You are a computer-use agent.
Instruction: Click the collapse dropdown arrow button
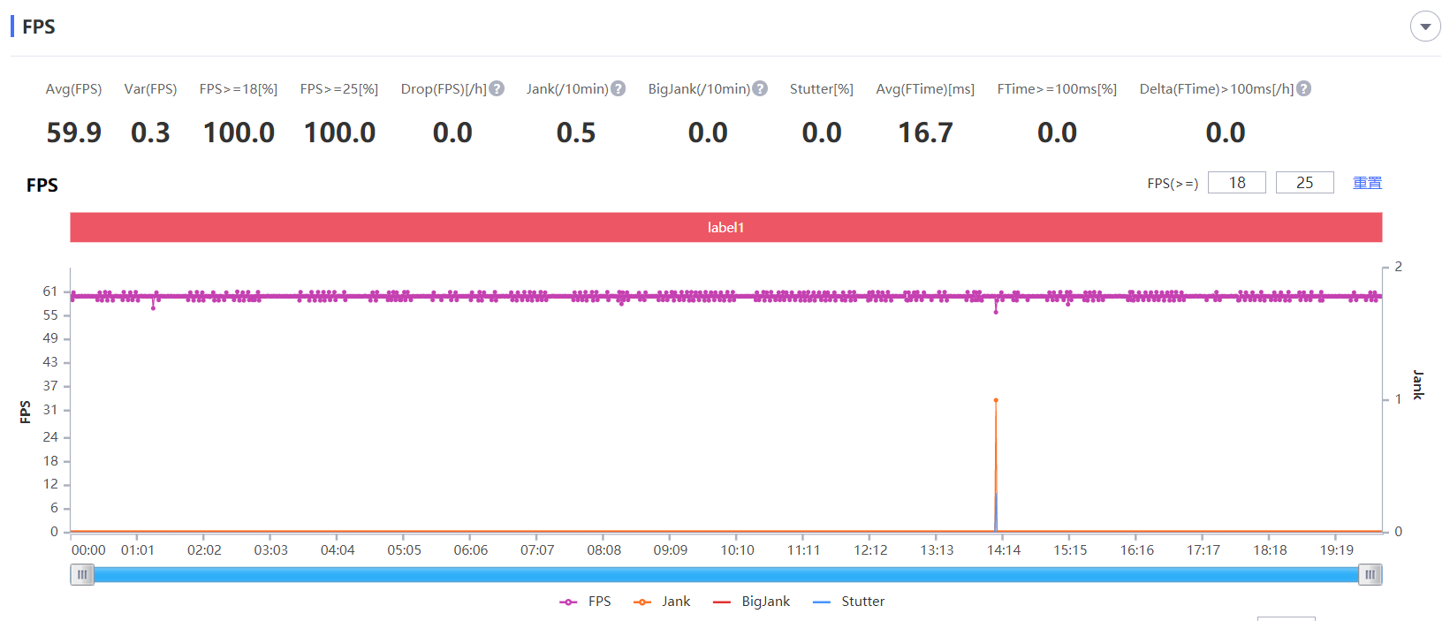click(x=1424, y=27)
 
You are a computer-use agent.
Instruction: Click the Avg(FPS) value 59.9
click(x=73, y=133)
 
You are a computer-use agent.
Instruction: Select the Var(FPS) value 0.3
click(x=150, y=133)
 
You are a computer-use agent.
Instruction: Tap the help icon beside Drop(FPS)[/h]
click(x=497, y=88)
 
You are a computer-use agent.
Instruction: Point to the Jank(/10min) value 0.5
click(x=576, y=133)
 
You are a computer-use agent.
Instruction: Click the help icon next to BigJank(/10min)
click(x=760, y=88)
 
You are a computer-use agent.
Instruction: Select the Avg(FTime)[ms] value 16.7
click(x=925, y=133)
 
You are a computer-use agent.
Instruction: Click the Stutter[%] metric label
click(x=821, y=88)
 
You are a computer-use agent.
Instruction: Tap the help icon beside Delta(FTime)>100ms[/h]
click(x=1303, y=88)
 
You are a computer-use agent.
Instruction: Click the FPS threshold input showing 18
click(x=1236, y=183)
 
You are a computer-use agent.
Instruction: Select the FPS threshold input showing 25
click(x=1304, y=183)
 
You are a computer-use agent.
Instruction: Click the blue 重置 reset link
click(x=1367, y=183)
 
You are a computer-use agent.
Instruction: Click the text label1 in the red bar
click(x=725, y=227)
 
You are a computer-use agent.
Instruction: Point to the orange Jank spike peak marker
click(x=996, y=400)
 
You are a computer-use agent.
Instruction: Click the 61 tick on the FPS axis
click(x=50, y=292)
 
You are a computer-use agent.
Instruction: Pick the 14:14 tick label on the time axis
click(x=1004, y=549)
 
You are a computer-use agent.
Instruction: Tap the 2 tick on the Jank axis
click(x=1398, y=267)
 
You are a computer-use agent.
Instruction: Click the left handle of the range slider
click(x=82, y=575)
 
